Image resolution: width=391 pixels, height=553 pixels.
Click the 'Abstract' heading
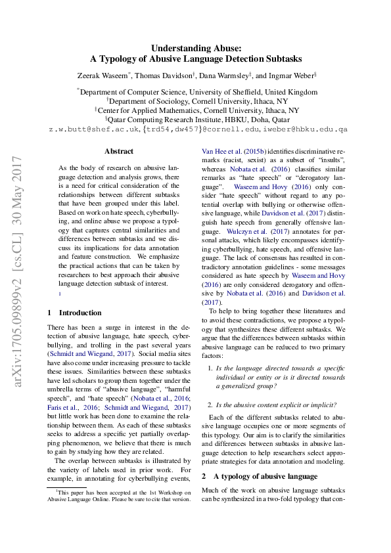[x=119, y=151]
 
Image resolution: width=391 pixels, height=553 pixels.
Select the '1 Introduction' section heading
[x=75, y=313]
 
